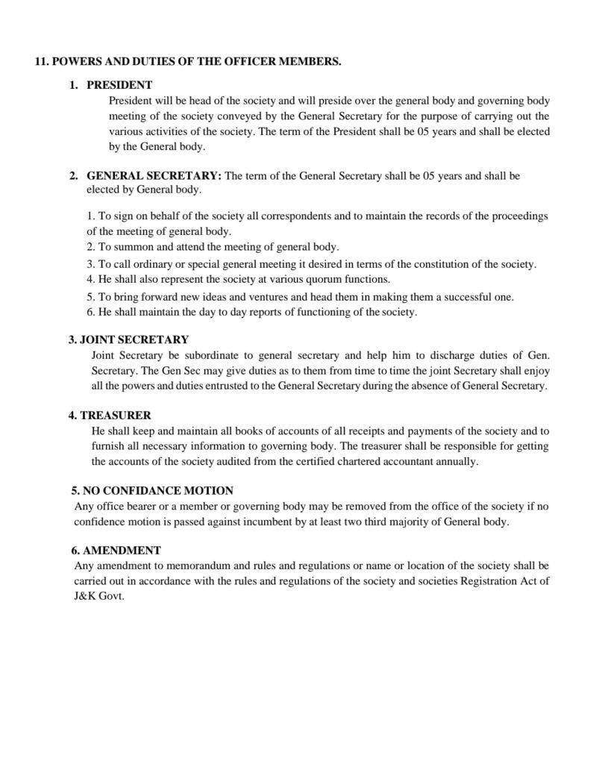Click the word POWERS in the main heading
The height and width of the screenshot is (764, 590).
76,62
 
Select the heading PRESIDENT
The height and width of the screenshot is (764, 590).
119,85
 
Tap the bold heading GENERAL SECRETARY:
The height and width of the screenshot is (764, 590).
154,176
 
